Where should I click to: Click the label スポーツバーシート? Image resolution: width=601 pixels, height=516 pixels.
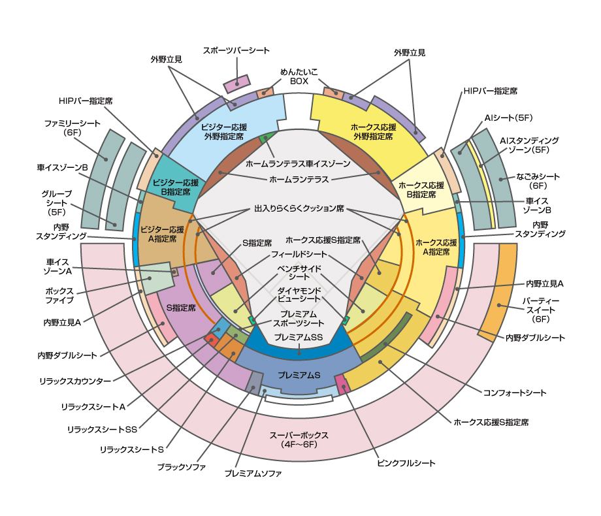point(236,50)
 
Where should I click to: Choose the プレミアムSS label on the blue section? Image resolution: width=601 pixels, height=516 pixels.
point(299,337)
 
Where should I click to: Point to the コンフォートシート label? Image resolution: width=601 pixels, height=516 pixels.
point(515,393)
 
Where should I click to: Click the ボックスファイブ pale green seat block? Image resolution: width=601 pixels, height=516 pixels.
point(157,282)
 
